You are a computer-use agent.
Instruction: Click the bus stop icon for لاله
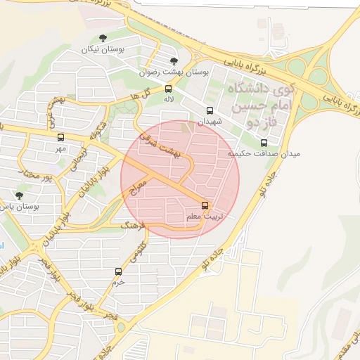pos(168,89)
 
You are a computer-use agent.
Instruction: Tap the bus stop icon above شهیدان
pos(209,110)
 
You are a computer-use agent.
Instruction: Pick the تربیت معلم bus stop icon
pos(205,205)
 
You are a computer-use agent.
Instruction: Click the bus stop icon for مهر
pos(60,138)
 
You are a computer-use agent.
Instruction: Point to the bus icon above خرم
pos(118,271)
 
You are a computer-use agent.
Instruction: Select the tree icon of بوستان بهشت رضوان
pos(174,61)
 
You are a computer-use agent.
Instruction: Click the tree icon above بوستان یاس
pos(19,195)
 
